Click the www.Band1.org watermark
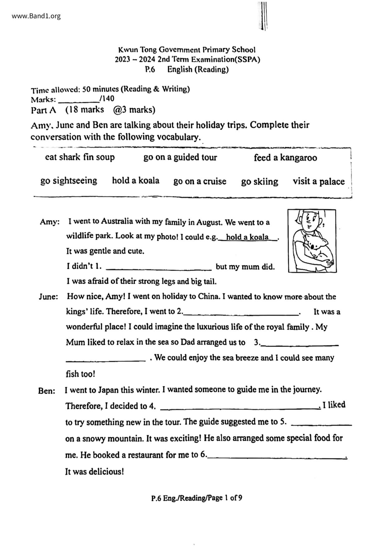click(x=36, y=16)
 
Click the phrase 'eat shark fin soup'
click(x=80, y=157)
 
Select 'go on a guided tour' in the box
click(x=180, y=157)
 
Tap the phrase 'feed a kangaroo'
click(x=285, y=157)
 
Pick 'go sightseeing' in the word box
click(x=69, y=181)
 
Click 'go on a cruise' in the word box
click(x=200, y=181)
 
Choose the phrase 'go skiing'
click(x=259, y=182)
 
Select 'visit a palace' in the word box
click(x=319, y=182)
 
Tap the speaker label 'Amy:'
click(x=50, y=222)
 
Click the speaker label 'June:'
click(x=48, y=297)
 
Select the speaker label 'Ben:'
click(x=47, y=390)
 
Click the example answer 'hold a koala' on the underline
click(x=247, y=237)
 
